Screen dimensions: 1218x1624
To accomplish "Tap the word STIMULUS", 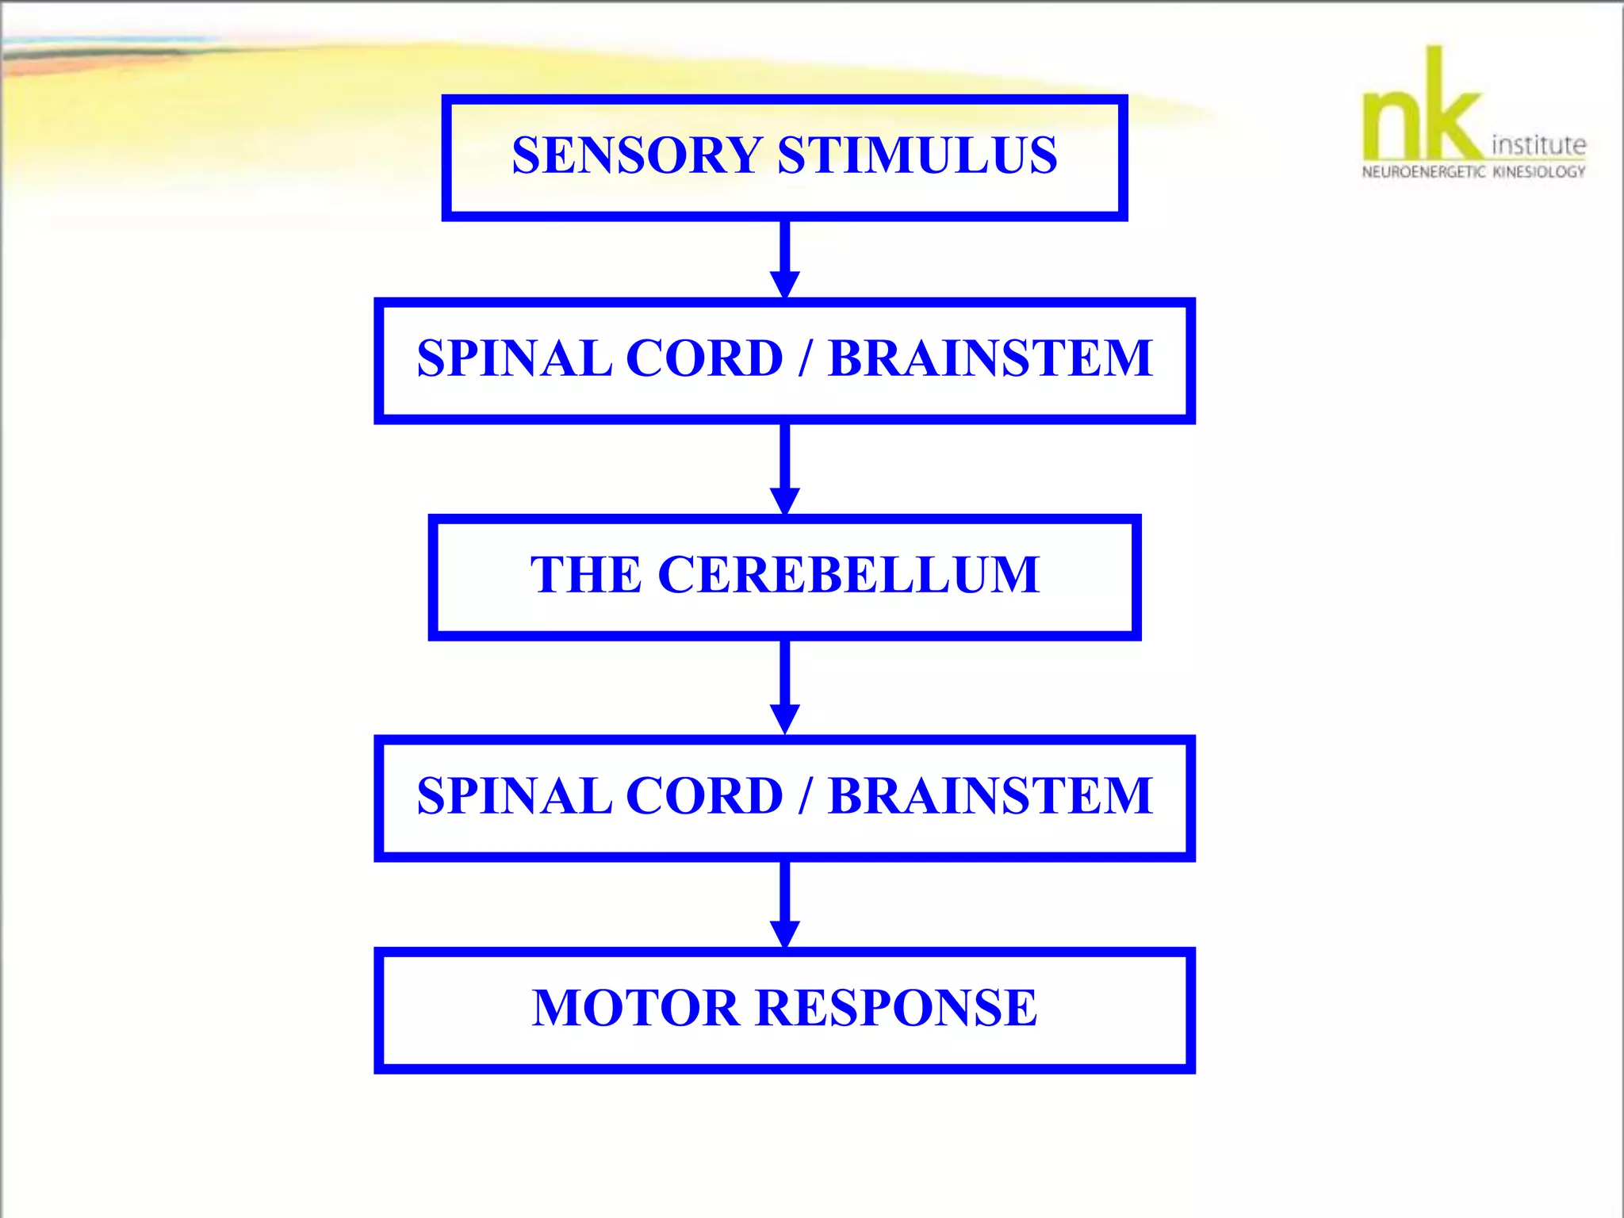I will [917, 155].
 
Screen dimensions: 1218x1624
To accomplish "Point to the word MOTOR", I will [635, 1008].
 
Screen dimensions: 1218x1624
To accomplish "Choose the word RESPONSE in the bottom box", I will [896, 1008].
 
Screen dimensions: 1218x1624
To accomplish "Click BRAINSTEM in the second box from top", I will [990, 358].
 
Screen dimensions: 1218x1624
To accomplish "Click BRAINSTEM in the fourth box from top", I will [990, 795].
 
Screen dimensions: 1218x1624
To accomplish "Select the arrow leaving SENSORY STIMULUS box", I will [784, 259].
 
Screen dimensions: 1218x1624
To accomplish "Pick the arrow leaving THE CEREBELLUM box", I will [784, 687].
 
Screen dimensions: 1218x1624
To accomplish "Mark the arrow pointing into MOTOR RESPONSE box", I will [784, 904].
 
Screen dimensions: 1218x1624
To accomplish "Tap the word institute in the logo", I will [1538, 145].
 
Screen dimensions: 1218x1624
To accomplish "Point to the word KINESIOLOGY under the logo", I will [1539, 172].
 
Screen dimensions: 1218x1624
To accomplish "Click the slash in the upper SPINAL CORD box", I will [805, 358].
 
